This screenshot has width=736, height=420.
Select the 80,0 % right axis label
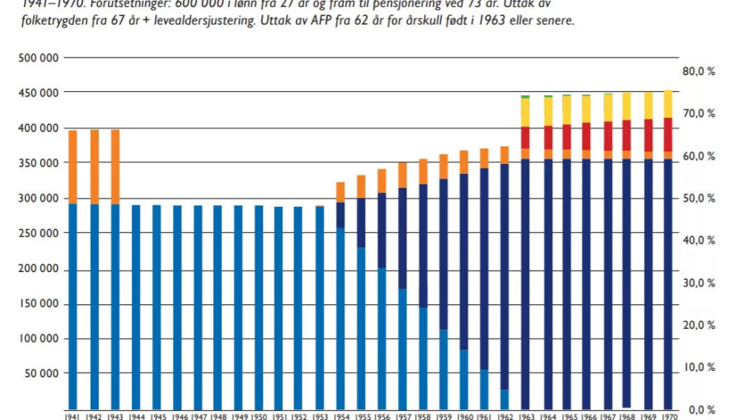tap(698, 71)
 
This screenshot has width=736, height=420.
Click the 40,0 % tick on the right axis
tap(698, 240)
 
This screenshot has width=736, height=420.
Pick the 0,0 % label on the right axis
tap(700, 409)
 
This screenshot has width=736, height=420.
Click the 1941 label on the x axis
tap(74, 416)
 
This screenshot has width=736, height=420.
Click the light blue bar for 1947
tap(197, 307)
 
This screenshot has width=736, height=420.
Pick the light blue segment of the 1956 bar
tap(381, 337)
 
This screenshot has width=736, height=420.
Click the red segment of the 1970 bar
tap(667, 134)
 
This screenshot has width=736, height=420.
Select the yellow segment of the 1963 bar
tap(525, 112)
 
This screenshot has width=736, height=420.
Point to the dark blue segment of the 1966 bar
tap(586, 284)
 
